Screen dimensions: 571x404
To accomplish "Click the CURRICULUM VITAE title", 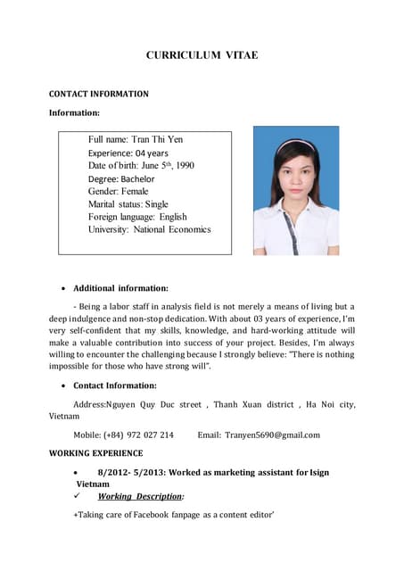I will (202, 55).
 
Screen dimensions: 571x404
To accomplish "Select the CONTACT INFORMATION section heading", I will (98, 94).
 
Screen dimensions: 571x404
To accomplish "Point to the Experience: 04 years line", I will (128, 153).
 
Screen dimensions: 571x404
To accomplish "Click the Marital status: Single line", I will (128, 203).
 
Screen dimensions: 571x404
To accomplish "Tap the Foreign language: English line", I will (137, 217).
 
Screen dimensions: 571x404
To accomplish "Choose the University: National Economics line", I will (149, 229).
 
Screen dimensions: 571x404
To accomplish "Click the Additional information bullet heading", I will (120, 288).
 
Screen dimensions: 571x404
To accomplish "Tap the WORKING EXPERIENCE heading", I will (95, 453).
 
